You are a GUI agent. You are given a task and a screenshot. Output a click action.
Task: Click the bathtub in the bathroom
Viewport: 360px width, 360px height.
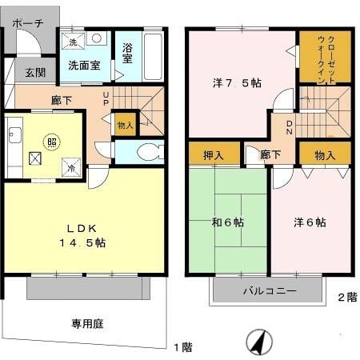[154, 56]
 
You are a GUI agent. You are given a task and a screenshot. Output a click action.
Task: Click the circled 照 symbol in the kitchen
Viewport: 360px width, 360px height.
[52, 140]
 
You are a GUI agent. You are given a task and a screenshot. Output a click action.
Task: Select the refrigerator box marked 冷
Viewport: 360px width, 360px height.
[70, 167]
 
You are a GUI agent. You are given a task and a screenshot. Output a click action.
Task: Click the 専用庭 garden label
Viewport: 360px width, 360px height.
[87, 324]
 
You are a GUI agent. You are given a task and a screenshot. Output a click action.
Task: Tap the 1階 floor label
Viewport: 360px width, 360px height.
[183, 347]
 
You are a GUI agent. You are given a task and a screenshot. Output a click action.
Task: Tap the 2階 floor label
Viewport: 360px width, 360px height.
[346, 297]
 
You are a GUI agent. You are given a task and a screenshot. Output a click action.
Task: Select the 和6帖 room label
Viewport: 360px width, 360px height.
[229, 223]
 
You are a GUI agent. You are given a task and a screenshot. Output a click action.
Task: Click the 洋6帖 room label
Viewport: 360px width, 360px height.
[310, 223]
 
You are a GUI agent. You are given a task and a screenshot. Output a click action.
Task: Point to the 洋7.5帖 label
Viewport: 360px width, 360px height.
[237, 82]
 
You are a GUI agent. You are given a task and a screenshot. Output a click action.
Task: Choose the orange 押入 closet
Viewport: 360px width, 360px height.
[214, 154]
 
